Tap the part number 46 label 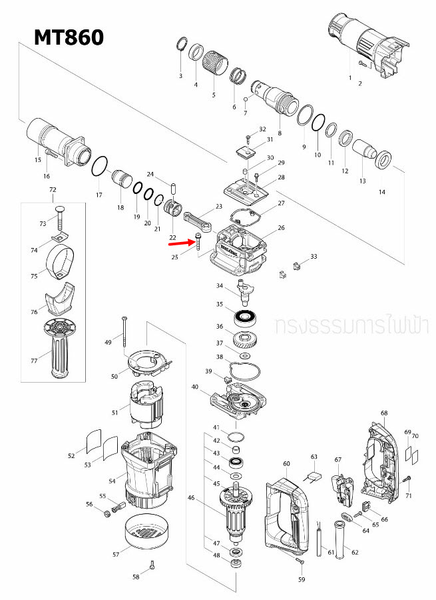click(x=191, y=497)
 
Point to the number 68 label click(x=384, y=413)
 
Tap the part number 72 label click(x=53, y=191)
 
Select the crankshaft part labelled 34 click(x=242, y=290)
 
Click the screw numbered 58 click(x=152, y=566)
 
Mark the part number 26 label click(x=281, y=228)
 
